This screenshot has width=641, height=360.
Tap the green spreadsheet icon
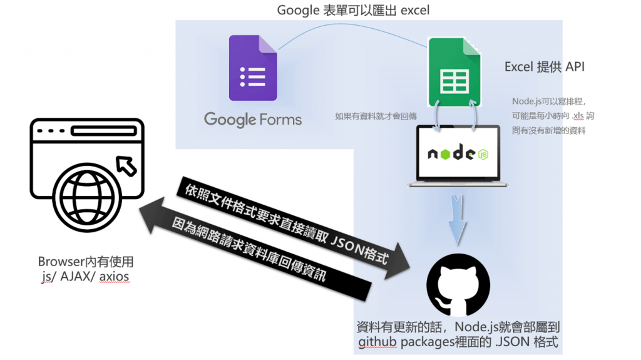point(454,72)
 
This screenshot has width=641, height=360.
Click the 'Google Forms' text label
point(253,119)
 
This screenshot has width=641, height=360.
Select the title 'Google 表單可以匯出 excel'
point(353,11)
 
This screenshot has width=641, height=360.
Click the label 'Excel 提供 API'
point(544,66)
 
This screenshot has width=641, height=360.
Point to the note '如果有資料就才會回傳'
point(376,116)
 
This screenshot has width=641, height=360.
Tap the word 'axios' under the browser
point(115,277)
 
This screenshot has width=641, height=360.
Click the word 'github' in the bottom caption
point(377,342)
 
